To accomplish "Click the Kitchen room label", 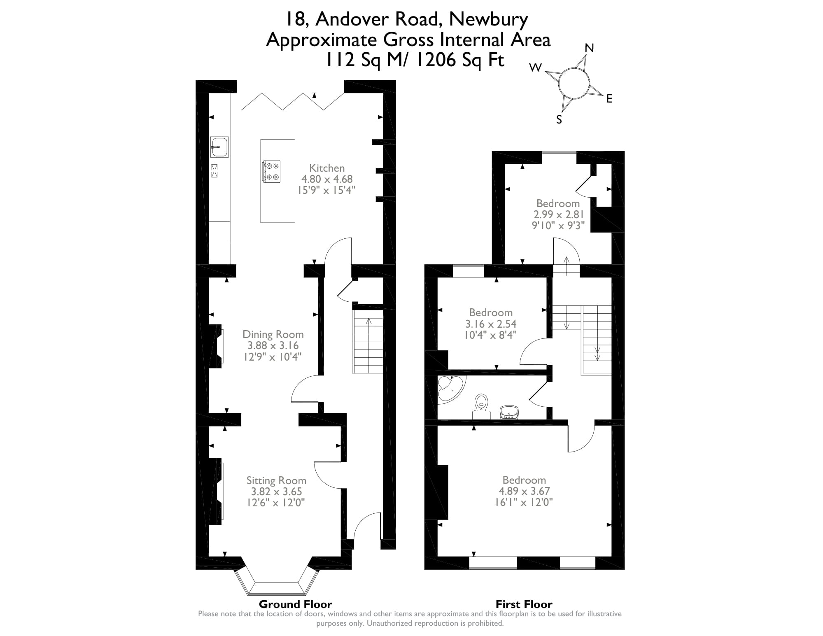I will [x=327, y=168].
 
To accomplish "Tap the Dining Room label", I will [x=273, y=334].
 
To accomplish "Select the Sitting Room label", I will [x=276, y=480].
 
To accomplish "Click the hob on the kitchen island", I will [x=272, y=171].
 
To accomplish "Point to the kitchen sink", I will [x=219, y=147].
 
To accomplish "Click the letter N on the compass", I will [x=590, y=48].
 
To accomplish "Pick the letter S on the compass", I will [x=559, y=119].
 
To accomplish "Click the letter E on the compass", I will [x=609, y=99].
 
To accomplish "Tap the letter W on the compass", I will [x=535, y=68].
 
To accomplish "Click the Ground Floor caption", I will [x=295, y=604].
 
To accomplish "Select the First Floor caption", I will [x=524, y=604].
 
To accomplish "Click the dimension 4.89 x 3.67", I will [x=524, y=491].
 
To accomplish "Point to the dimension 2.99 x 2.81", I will [x=559, y=214].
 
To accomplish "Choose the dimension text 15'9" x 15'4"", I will [x=326, y=190].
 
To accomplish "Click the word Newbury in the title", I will [x=488, y=19].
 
